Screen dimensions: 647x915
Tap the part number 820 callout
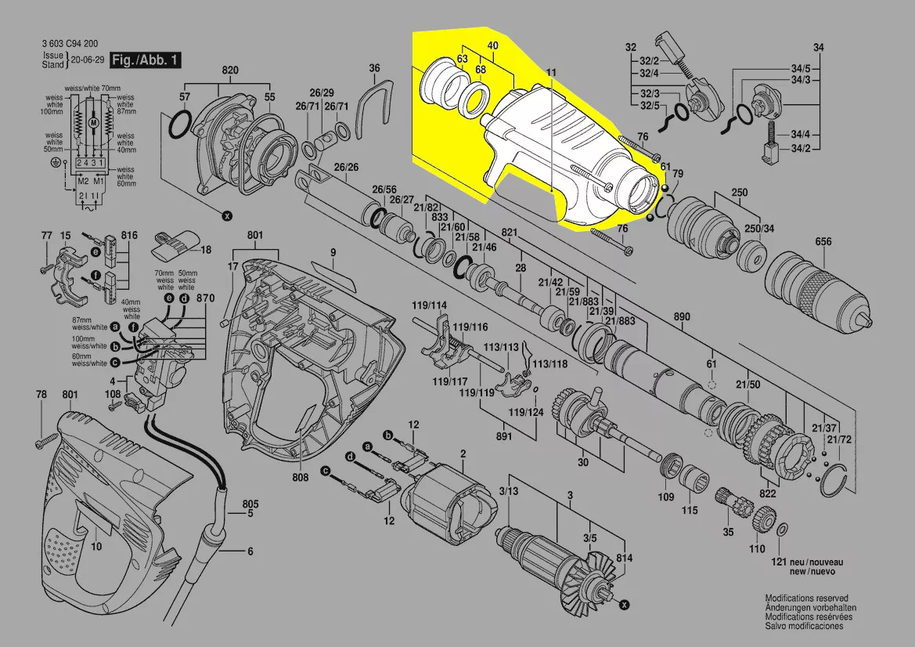coord(229,70)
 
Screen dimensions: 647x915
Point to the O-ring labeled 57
coord(178,123)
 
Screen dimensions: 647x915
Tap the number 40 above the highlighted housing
coord(492,46)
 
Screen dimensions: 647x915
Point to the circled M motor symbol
coord(93,124)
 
